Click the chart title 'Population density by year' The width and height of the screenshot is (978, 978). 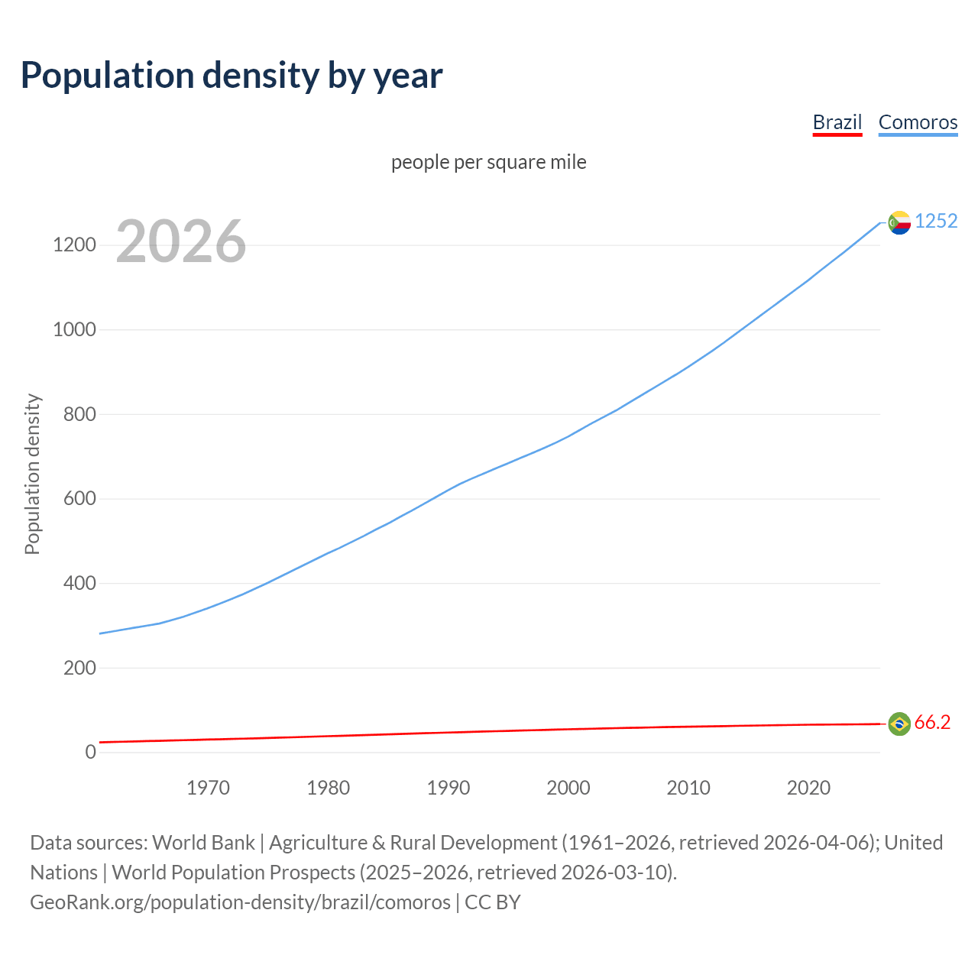232,75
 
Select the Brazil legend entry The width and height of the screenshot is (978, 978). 837,122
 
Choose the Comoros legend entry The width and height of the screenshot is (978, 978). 918,122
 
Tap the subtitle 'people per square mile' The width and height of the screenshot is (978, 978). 489,162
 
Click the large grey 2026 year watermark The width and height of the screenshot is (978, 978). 181,241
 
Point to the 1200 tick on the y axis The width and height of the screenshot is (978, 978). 74,245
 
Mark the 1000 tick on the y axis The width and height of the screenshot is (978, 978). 74,330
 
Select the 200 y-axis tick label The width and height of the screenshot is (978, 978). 79,668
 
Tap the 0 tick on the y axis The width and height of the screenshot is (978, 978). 91,753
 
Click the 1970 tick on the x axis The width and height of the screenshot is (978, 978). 208,788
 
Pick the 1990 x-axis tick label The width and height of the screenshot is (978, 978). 449,788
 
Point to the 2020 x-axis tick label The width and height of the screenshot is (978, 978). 808,788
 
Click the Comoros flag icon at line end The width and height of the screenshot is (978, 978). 899,222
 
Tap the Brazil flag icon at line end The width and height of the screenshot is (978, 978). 899,724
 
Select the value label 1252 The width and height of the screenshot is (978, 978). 936,221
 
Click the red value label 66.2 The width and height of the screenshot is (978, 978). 932,723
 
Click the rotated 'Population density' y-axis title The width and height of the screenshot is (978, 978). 32,474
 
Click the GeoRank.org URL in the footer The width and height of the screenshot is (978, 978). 240,902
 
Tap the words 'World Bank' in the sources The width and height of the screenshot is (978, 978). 203,843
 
